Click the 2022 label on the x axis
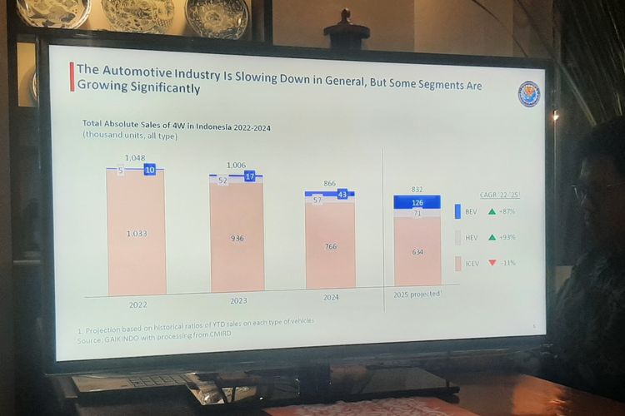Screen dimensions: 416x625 (138, 304)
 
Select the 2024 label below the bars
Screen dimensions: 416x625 (330, 296)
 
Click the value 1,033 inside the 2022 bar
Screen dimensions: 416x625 (137, 234)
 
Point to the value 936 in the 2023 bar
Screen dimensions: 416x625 (237, 238)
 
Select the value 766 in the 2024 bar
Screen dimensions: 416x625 (330, 245)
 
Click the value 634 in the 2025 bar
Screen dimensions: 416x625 (416, 251)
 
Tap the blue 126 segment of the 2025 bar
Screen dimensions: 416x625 (417, 202)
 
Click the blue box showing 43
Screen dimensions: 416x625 (342, 194)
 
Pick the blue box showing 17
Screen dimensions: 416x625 (250, 176)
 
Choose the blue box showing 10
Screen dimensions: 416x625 (149, 170)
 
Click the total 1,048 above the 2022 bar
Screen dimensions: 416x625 (135, 157)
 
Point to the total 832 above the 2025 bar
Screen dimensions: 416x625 (417, 189)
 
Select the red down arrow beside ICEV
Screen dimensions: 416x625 (492, 263)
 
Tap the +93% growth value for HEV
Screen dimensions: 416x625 (507, 237)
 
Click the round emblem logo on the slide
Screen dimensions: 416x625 (529, 94)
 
